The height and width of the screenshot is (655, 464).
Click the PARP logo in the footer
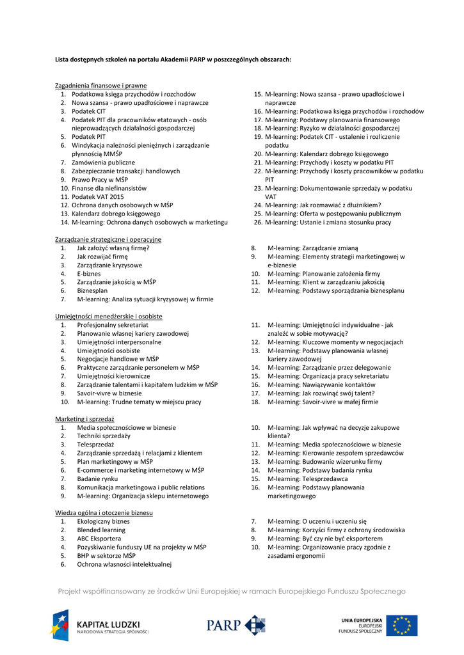tap(236, 625)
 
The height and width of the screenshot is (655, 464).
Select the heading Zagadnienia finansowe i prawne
tap(100, 86)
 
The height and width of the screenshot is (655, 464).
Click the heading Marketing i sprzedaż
tap(84, 419)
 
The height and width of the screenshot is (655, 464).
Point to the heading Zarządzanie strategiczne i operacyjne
tap(108, 239)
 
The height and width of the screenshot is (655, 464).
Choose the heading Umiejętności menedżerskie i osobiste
tap(108, 317)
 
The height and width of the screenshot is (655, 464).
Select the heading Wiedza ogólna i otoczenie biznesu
tap(104, 513)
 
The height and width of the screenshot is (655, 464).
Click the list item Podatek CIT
tap(88, 111)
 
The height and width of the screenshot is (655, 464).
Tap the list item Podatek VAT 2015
tap(97, 197)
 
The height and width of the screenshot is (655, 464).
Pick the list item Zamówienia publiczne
tap(103, 162)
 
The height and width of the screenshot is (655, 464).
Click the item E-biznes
tap(88, 274)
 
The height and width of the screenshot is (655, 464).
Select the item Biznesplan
tap(92, 290)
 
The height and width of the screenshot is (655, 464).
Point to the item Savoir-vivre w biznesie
tap(109, 393)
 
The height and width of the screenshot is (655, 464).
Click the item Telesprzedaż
tap(95, 445)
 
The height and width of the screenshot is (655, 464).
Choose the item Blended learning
tap(101, 530)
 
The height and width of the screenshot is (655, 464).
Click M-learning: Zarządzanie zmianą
tap(312, 248)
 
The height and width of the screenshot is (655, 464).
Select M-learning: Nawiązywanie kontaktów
tap(321, 385)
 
